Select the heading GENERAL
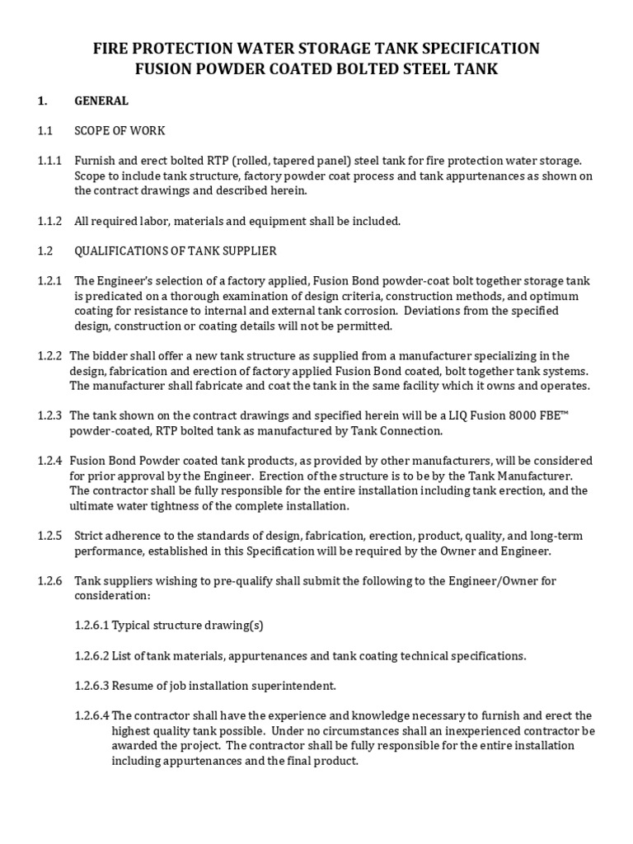[101, 101]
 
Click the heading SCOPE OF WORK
[119, 131]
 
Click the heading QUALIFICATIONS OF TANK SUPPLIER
[176, 251]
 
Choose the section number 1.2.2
[49, 356]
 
